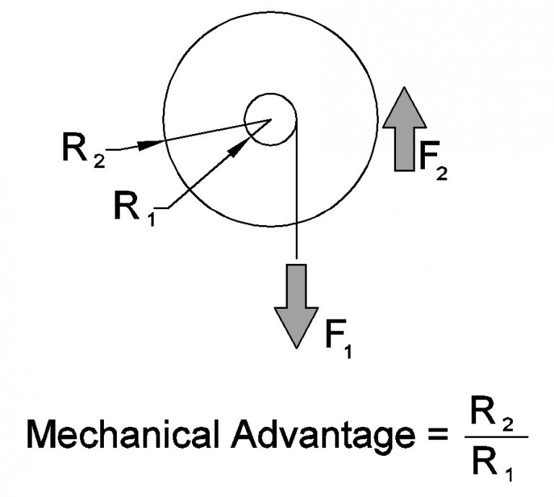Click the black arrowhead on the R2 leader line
149,144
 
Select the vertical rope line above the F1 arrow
296,195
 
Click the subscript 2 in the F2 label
441,173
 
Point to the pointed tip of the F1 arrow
296,346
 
